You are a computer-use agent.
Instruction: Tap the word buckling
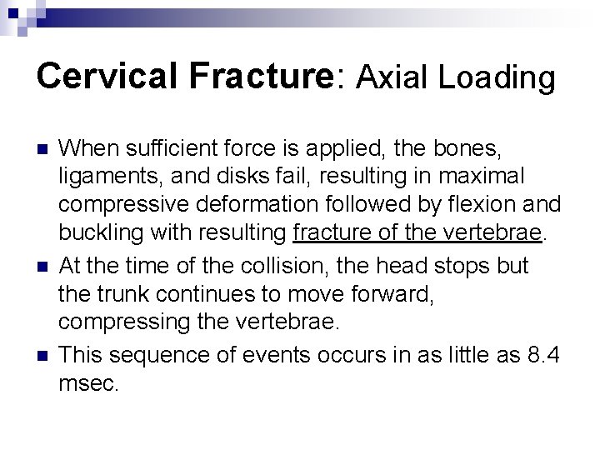click(100, 231)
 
